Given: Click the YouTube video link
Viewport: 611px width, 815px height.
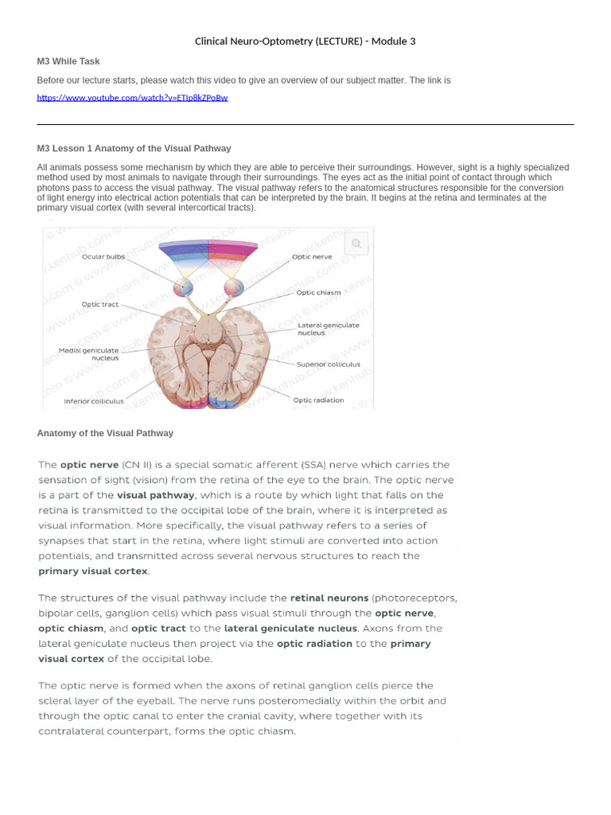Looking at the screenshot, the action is (x=132, y=98).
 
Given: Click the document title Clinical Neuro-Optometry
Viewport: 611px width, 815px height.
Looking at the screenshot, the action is (x=305, y=41).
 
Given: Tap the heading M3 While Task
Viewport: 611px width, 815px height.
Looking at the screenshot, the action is (x=68, y=61).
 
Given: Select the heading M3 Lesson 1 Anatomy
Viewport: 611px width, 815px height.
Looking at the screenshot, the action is (x=134, y=148).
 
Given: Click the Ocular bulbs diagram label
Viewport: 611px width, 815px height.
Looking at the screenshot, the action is (x=103, y=256).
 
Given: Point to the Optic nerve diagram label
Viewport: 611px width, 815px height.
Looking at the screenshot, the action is (x=312, y=257).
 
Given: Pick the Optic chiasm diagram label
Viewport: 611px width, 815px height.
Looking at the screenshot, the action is (x=318, y=292).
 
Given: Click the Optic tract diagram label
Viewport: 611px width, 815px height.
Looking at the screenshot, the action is (x=99, y=304).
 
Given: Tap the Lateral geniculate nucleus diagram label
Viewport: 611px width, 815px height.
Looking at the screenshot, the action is (x=329, y=329).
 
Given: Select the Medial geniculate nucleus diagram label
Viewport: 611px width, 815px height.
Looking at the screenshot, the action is (x=88, y=353).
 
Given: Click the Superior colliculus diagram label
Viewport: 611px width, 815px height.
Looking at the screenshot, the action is (x=329, y=365).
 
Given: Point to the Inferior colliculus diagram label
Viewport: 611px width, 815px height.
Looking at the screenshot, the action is (x=94, y=401).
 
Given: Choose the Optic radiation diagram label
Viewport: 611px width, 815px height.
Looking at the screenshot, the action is (x=318, y=400).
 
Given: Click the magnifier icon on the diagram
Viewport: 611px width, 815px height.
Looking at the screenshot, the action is (x=356, y=244).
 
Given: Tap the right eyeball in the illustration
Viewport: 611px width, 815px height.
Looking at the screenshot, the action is (x=234, y=287).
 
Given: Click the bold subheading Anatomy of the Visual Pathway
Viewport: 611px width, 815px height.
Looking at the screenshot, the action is (x=105, y=433).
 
